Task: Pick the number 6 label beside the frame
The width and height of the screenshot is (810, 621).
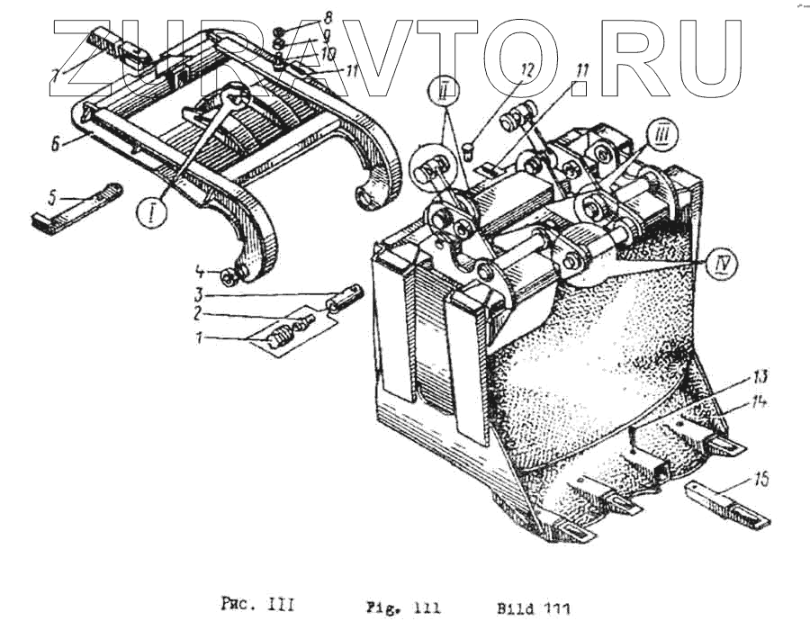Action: (x=56, y=143)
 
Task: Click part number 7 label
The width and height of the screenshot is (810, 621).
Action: (x=56, y=76)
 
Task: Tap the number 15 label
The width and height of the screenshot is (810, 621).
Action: (x=761, y=481)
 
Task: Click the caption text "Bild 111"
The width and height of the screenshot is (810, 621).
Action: (x=533, y=606)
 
